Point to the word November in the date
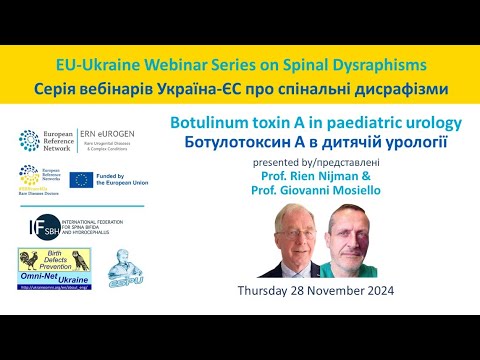[x=340, y=291]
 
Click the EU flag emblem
[x=104, y=180]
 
